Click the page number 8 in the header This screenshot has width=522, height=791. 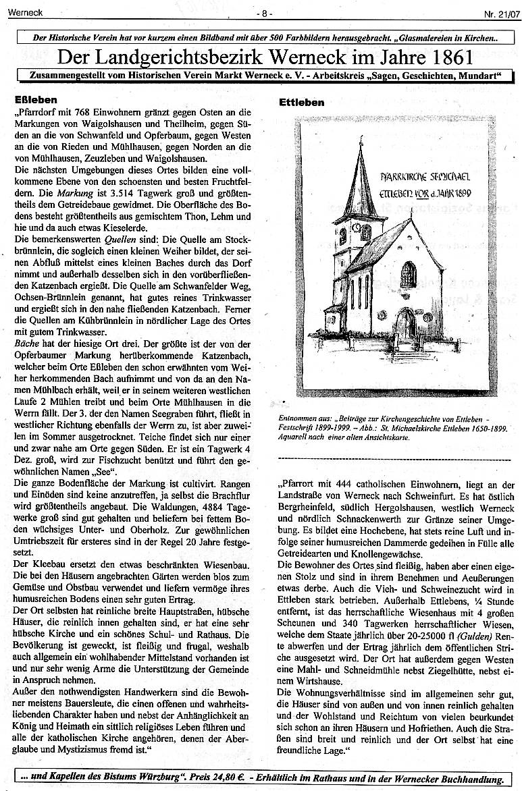tap(263, 13)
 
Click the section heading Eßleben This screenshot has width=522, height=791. tap(30, 99)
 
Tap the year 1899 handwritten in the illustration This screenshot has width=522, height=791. tap(458, 193)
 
